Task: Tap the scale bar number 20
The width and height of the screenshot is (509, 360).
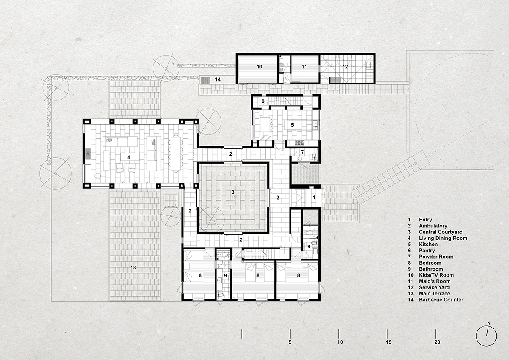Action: pos(437,342)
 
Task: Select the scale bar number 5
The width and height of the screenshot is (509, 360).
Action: pos(290,342)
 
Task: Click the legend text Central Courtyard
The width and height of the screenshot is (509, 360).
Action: pos(441,232)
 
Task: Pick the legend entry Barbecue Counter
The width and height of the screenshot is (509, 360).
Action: pos(441,300)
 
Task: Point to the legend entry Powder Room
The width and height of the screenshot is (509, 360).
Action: pos(436,257)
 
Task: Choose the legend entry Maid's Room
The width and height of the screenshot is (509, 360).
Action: pos(434,281)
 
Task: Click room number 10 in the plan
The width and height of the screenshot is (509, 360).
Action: pos(259,67)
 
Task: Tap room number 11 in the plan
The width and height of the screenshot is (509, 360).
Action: pos(304,67)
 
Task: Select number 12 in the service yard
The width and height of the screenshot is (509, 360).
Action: pos(345,67)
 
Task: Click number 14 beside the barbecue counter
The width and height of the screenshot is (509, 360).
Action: pos(218,80)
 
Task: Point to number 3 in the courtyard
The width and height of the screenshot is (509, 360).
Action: pos(233,192)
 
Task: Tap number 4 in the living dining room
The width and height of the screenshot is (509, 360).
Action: pos(129,157)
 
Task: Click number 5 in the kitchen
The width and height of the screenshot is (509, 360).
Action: pos(292,125)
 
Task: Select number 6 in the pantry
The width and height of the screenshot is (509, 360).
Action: pos(263,101)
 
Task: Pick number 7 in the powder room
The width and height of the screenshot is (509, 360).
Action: pos(302,152)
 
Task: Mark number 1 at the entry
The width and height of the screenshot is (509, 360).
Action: pos(314,198)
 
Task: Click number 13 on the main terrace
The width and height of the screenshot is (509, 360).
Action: pos(133,268)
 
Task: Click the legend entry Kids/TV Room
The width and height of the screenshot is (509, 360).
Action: pos(436,275)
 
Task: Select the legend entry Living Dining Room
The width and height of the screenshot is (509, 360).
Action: pos(443,238)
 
